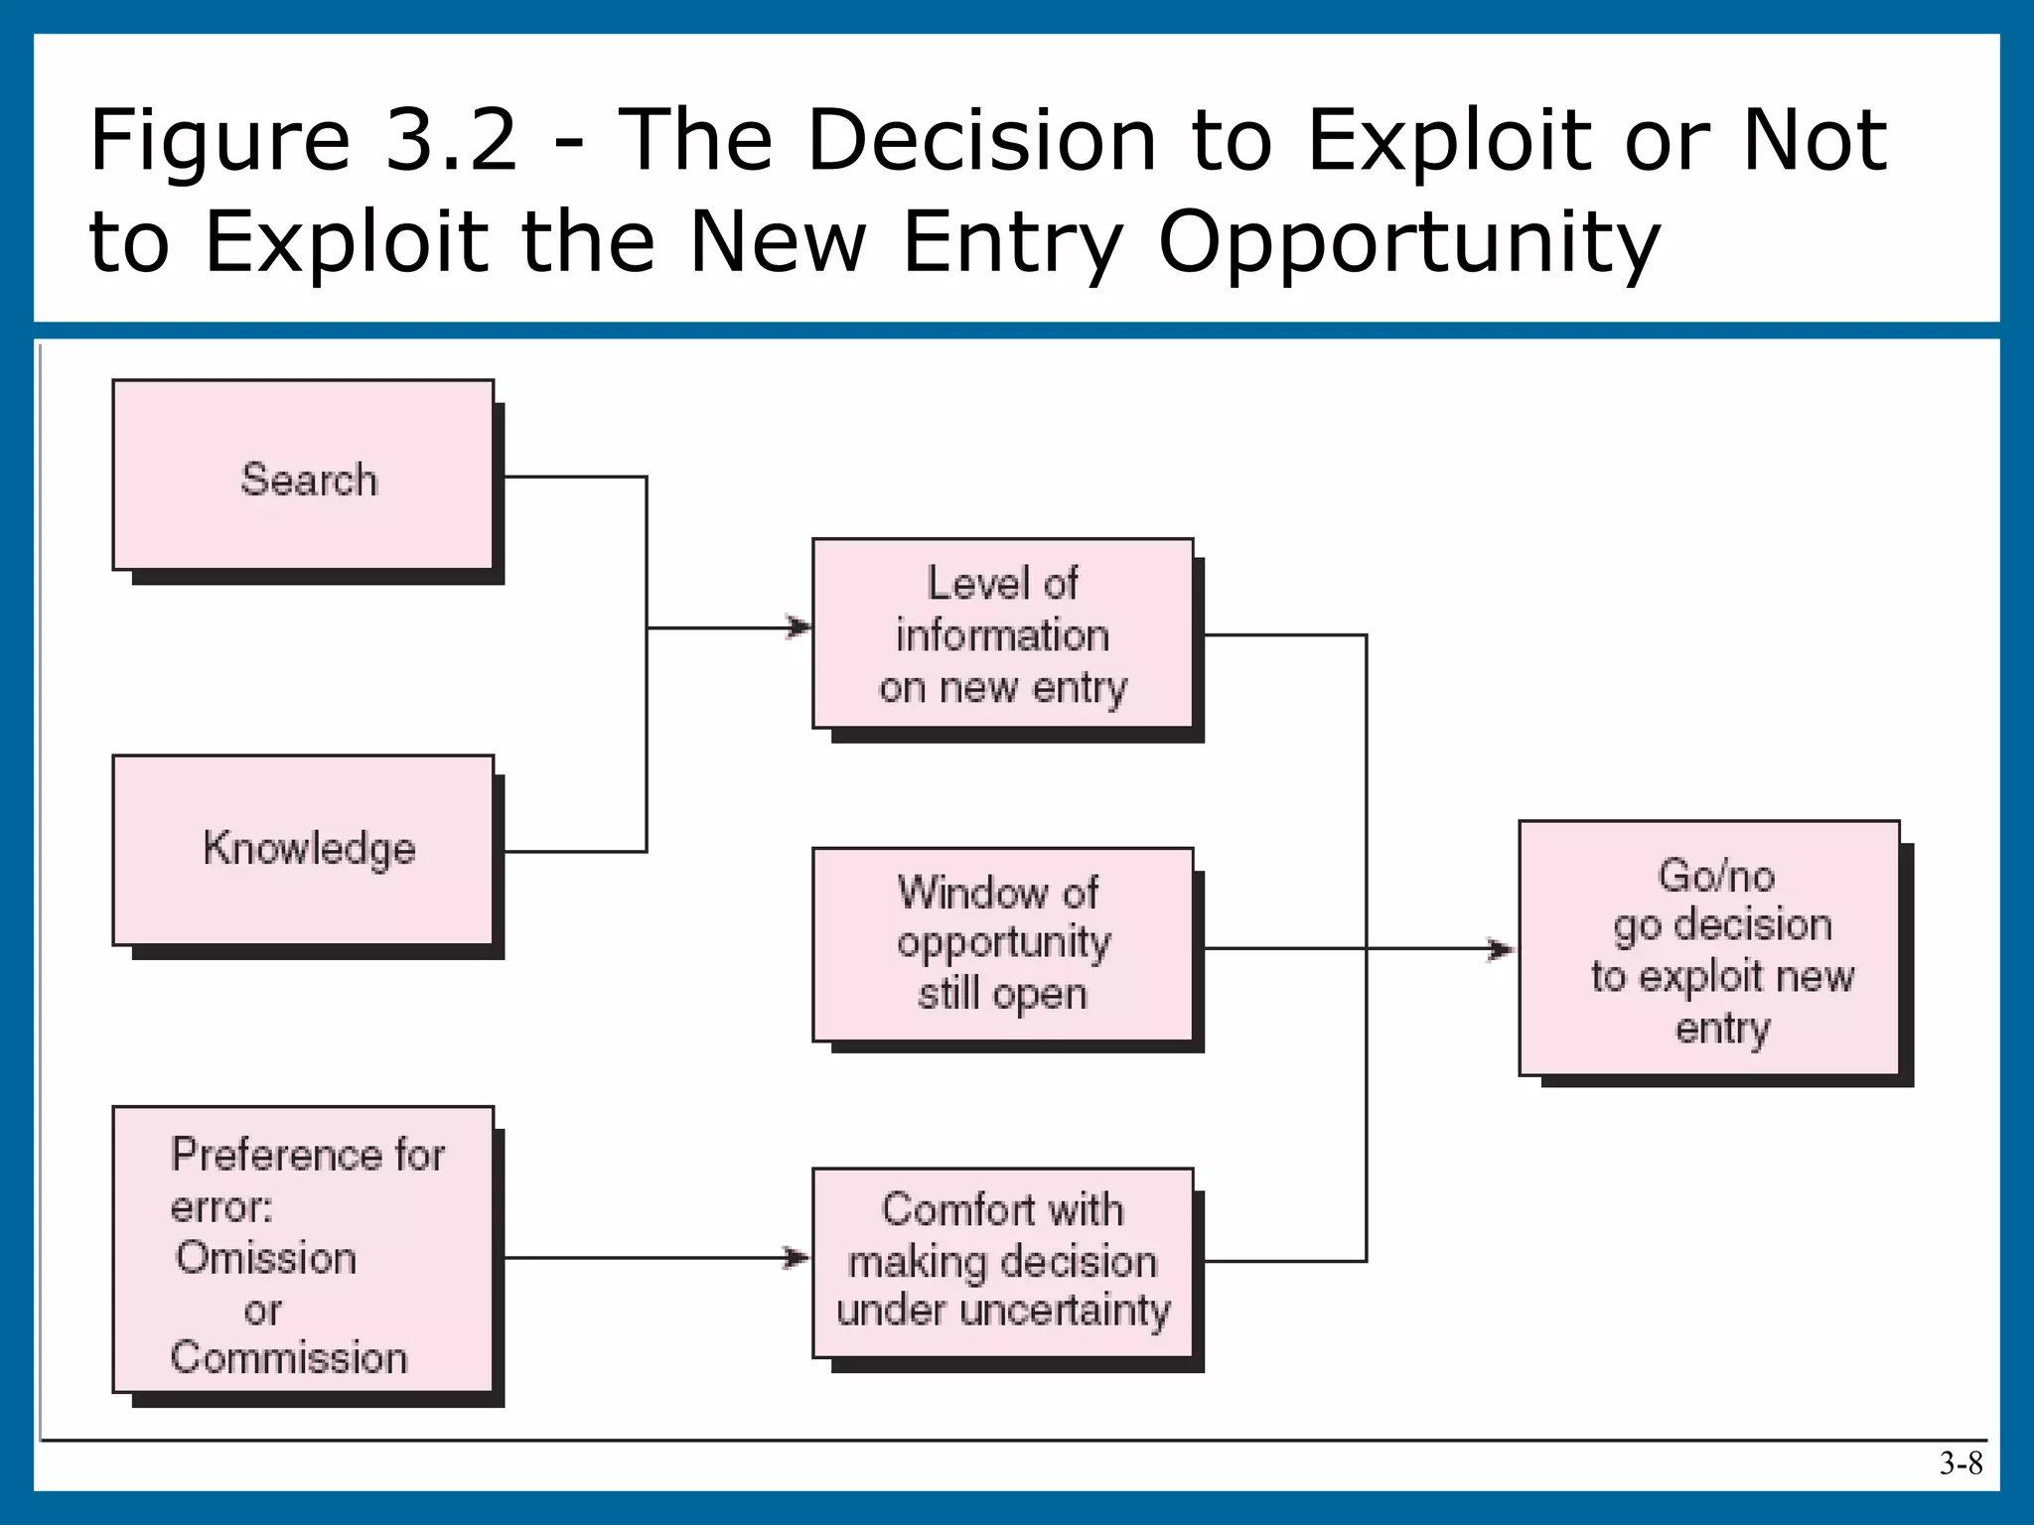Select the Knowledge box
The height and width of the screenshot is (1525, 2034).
point(303,850)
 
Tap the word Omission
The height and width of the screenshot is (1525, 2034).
point(266,1258)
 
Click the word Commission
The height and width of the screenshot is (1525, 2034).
point(289,1357)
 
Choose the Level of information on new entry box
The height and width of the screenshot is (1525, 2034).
point(1003,633)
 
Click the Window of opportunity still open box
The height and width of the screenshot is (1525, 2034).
point(1003,943)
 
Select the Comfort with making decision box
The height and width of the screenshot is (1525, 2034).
point(1003,1262)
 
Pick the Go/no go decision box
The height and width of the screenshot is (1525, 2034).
point(1709,948)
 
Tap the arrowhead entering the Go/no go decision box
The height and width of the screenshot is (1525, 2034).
point(1502,949)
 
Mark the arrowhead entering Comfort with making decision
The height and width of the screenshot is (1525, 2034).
point(798,1258)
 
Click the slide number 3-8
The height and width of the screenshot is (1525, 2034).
point(1961,1463)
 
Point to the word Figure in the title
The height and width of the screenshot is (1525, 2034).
point(219,141)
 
